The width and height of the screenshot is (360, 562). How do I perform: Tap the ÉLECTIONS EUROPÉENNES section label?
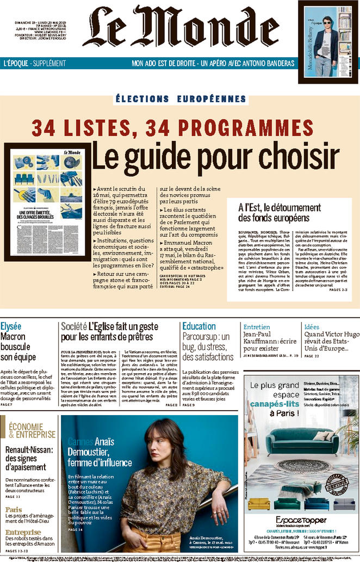(x=181, y=99)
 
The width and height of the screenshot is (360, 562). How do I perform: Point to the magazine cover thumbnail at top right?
(x=326, y=42)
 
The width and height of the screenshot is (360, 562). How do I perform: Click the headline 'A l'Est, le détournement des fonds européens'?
(x=280, y=213)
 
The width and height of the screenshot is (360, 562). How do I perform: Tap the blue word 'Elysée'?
(x=11, y=326)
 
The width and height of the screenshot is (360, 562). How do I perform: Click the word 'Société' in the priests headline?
(x=74, y=326)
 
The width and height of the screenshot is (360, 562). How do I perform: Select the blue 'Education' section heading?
(x=199, y=326)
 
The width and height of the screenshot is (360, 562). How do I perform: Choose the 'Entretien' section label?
(x=256, y=326)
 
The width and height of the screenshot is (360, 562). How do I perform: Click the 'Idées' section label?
(x=312, y=326)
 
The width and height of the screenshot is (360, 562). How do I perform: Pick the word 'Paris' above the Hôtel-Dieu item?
(x=14, y=510)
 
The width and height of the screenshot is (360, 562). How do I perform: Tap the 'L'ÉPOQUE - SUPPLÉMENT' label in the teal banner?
(x=34, y=63)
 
